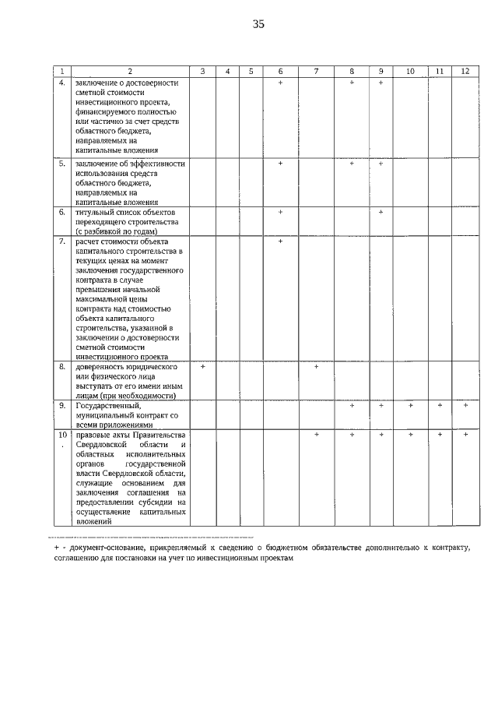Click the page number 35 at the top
[258, 24]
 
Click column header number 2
[130, 71]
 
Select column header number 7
[316, 71]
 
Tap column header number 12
[465, 71]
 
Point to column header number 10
[409, 71]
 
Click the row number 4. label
[62, 82]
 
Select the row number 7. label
[62, 241]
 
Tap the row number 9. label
[62, 405]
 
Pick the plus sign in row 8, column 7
[316, 366]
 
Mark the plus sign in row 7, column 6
[280, 241]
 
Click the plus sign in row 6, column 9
[381, 212]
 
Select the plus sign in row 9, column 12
[465, 405]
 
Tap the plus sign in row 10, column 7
[316, 434]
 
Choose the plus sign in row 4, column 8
[352, 82]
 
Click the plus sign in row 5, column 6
[280, 164]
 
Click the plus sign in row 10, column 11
[439, 434]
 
